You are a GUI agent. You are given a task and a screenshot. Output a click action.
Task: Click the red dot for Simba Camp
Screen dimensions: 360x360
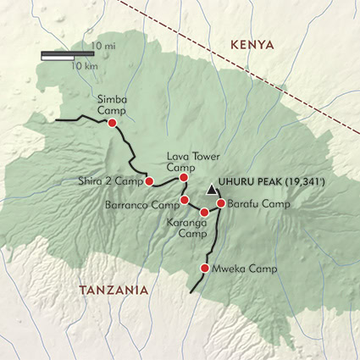tap(112, 124)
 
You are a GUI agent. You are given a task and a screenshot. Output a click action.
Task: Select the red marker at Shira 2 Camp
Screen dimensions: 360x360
tap(149, 181)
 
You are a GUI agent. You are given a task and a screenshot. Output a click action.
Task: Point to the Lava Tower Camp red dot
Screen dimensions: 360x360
tap(184, 177)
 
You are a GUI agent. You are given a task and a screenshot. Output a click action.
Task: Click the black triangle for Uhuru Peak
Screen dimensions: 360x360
tap(211, 190)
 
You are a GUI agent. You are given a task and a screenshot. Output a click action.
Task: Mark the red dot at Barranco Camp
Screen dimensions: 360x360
tap(185, 200)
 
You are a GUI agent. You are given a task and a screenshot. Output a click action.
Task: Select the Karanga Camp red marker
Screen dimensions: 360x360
tap(204, 212)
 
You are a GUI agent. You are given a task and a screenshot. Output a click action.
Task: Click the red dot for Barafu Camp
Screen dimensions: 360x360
tap(220, 203)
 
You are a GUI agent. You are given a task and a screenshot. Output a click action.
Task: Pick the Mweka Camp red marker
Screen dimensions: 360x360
tap(204, 269)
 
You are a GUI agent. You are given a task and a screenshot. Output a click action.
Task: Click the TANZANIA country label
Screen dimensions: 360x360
tap(113, 291)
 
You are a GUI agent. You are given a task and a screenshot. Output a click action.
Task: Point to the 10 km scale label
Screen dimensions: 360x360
tap(83, 65)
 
